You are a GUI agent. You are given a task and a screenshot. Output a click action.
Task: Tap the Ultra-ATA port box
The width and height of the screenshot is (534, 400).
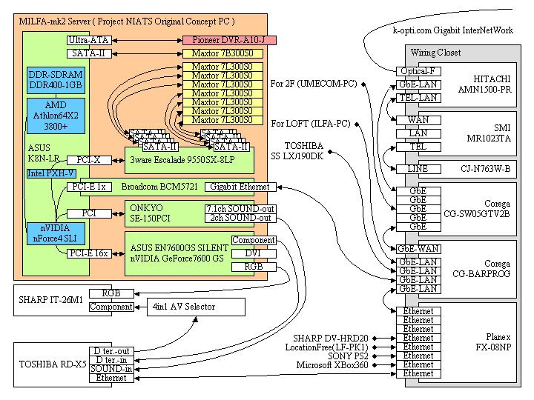tap(89, 39)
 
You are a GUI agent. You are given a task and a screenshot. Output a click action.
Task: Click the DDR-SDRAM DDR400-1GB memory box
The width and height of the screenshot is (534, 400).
tap(56, 80)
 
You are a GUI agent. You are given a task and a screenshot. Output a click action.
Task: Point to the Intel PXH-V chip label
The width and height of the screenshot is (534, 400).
tap(51, 173)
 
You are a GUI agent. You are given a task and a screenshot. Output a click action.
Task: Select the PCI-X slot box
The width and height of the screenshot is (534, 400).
tap(88, 159)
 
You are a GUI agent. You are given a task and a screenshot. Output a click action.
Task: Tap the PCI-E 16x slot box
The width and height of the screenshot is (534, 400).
tap(89, 253)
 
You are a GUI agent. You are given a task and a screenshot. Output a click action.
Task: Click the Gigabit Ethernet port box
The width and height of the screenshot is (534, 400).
tap(239, 187)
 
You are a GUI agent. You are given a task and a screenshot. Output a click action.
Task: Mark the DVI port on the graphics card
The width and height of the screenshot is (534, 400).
tap(254, 253)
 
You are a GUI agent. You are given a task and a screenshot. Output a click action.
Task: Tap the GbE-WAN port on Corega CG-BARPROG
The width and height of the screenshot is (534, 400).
tap(418, 249)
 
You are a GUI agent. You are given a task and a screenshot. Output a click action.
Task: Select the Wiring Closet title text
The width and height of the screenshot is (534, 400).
tap(437, 53)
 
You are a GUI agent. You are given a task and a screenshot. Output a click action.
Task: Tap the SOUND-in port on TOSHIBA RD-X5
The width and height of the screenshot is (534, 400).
tap(112, 368)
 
